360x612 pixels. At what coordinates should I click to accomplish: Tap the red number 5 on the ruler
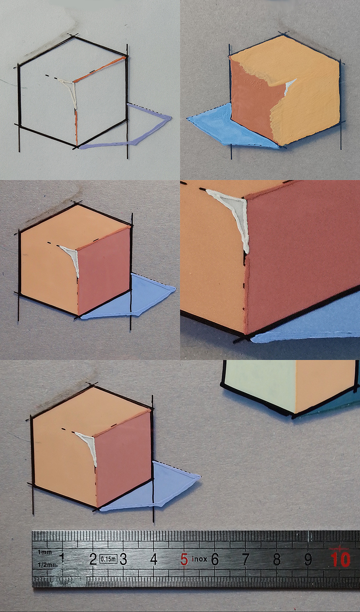pyautogui.click(x=184, y=560)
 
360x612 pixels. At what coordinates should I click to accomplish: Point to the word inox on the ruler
pyautogui.click(x=199, y=559)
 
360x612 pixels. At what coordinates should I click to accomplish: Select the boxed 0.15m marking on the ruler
pyautogui.click(x=108, y=559)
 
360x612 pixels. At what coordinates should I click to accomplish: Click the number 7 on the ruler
pyautogui.click(x=246, y=559)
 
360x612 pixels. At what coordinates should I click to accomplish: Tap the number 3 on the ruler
pyautogui.click(x=123, y=559)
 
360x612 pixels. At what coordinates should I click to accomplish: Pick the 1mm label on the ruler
pyautogui.click(x=44, y=552)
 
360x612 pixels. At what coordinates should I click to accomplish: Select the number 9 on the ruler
pyautogui.click(x=308, y=559)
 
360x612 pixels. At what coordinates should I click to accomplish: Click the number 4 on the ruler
pyautogui.click(x=154, y=559)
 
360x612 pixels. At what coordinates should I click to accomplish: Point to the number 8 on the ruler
pyautogui.click(x=277, y=559)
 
